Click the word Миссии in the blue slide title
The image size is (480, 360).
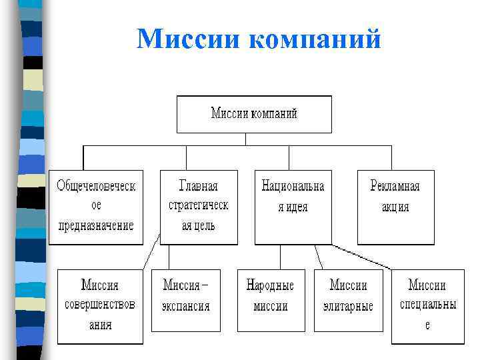coord(190,39)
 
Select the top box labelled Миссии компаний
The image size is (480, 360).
coord(254,114)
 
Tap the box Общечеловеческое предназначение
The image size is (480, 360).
coord(96,207)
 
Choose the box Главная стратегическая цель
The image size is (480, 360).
coord(199,207)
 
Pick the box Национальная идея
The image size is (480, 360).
coord(293,207)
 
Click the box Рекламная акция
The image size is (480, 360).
coord(396,207)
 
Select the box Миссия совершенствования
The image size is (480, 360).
coord(100,306)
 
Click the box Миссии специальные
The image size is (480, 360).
coord(427,306)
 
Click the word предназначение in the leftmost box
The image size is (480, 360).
coord(96,225)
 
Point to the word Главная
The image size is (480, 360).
coord(199,185)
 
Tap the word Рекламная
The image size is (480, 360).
coord(395,185)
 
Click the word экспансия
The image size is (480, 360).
coord(185,307)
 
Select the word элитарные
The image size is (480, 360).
coord(348,307)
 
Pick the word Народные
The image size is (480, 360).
coord(270,285)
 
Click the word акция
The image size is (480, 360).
coord(395,206)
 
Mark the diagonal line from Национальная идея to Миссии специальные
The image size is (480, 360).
coord(363,257)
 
